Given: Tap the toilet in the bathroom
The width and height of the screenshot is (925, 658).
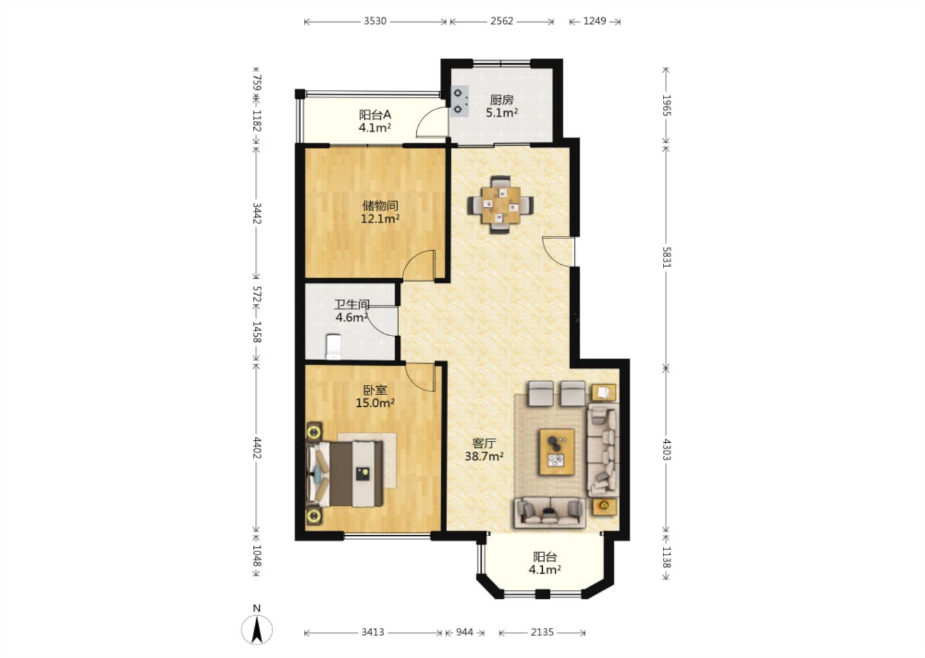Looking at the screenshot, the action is click(x=333, y=346).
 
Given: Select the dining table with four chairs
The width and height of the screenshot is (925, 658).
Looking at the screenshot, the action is click(x=500, y=205).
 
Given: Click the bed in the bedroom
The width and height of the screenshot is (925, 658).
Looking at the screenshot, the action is click(x=344, y=474).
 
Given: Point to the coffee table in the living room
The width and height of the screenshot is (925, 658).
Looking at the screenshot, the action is click(x=557, y=452).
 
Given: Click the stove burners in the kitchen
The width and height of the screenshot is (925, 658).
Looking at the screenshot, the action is click(x=459, y=101).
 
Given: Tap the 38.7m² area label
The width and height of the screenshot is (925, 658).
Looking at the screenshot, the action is click(x=484, y=456).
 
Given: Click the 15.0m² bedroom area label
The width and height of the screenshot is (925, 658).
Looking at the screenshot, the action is click(x=375, y=403).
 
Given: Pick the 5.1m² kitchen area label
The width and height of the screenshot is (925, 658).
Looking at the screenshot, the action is click(x=502, y=112).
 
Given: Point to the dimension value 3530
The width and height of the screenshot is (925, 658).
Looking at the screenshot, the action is click(x=375, y=21).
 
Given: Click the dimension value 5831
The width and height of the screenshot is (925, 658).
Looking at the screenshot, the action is click(x=666, y=257).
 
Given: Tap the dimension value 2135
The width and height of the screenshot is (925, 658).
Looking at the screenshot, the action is click(x=542, y=632).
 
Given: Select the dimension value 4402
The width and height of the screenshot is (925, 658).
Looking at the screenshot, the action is click(x=256, y=448).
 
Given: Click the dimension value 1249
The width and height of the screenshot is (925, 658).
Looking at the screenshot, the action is click(x=595, y=21).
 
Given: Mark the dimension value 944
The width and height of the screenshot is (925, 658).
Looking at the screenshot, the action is click(x=464, y=632).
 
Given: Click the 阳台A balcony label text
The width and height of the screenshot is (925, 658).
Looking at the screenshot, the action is click(x=375, y=114).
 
